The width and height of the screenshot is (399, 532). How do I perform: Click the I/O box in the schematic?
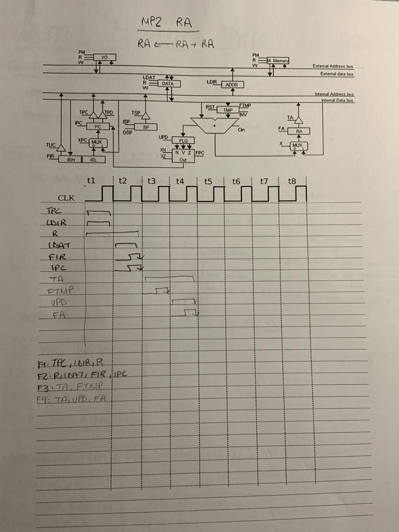(x=105, y=58)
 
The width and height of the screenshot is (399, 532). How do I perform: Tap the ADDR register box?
(x=231, y=84)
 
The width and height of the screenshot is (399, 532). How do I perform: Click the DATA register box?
(x=168, y=83)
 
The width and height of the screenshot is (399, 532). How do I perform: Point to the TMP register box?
(x=228, y=110)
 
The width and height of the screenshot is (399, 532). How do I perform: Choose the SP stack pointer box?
(x=146, y=127)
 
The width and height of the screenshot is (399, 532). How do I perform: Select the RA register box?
(x=299, y=131)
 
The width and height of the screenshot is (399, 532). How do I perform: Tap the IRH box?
(x=71, y=160)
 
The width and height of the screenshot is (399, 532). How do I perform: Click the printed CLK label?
(x=66, y=198)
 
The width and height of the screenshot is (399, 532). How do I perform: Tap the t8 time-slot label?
(x=292, y=181)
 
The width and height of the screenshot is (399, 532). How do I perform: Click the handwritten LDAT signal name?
(x=58, y=245)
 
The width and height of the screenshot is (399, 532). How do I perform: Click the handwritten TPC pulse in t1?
(x=98, y=213)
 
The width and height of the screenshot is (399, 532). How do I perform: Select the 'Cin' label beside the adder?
(x=242, y=130)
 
